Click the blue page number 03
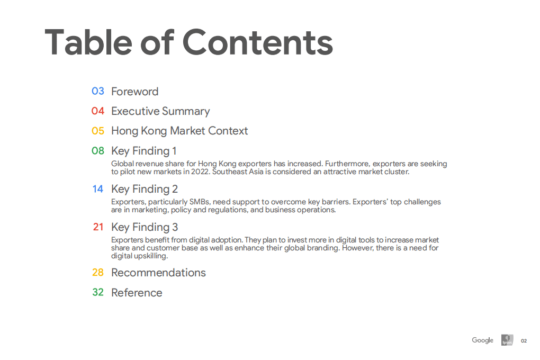(98, 91)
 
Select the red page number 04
(98, 111)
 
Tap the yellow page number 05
(98, 131)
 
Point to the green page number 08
(98, 151)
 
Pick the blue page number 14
(98, 189)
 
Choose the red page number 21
(98, 227)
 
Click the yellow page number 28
(98, 273)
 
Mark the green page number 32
(98, 292)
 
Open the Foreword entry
(134, 92)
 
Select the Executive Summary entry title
(160, 111)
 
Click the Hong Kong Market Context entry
(179, 131)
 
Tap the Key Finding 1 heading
(144, 151)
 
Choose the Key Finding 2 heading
(145, 189)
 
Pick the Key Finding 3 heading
(145, 227)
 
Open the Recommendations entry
(158, 273)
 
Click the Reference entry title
(137, 293)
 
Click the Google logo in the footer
(482, 340)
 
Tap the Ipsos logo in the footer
(507, 340)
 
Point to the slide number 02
(524, 341)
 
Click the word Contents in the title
(258, 42)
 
